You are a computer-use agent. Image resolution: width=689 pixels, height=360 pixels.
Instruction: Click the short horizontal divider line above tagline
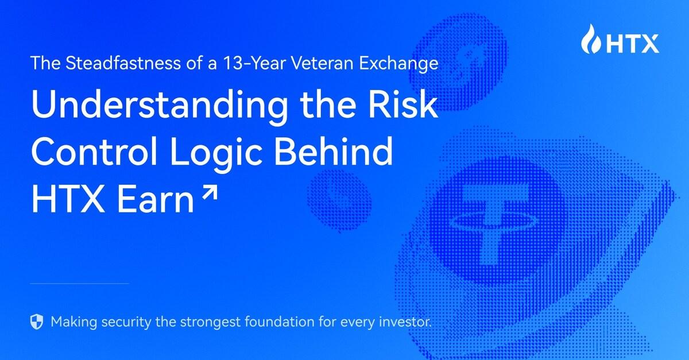tap(79, 283)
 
